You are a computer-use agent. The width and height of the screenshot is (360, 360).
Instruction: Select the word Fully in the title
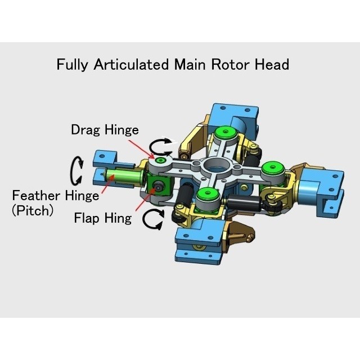pos(73,64)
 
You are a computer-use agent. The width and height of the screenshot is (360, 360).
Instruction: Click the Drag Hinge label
pos(105,130)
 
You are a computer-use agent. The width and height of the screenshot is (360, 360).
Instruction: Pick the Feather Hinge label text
pos(56,196)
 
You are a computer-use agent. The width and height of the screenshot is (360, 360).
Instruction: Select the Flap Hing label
pos(103,218)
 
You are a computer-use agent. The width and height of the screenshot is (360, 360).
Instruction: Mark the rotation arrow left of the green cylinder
pos(76,171)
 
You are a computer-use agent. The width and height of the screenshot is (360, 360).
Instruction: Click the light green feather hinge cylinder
pos(126,178)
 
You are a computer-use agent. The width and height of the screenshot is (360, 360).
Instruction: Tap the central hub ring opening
pos(215,165)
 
